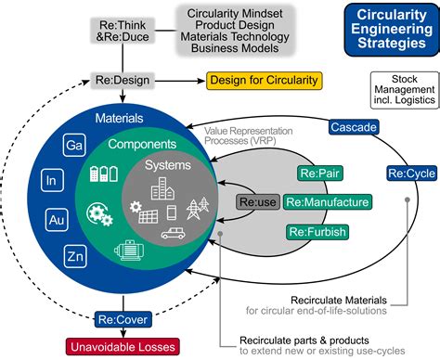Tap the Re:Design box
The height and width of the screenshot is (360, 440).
coord(120,80)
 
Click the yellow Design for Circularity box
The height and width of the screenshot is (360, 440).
coord(264,80)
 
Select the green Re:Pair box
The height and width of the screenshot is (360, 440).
coord(318,173)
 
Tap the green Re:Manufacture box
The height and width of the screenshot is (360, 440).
coord(327,201)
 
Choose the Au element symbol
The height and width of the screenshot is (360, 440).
coord(56,219)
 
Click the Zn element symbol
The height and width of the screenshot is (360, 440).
coord(75,255)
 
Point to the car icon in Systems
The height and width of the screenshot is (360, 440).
coord(174,234)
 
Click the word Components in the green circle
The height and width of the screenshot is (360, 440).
coord(142,146)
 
